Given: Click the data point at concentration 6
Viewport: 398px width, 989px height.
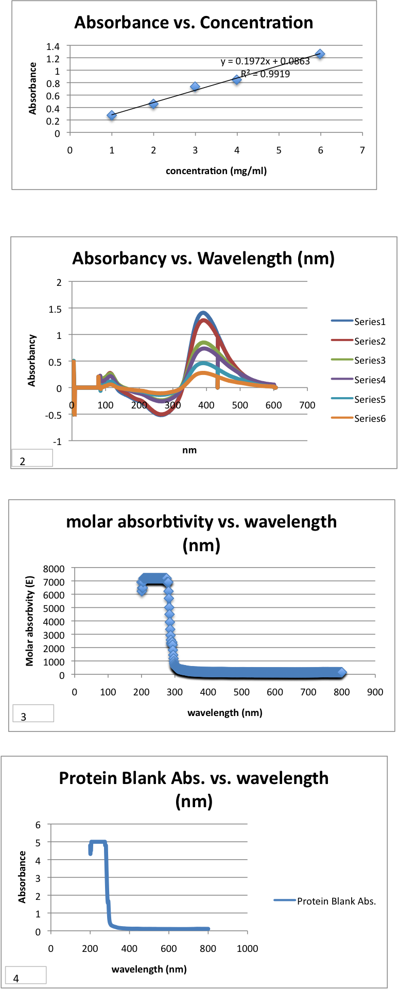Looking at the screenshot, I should tap(320, 54).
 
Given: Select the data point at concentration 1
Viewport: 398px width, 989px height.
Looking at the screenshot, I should tap(112, 115).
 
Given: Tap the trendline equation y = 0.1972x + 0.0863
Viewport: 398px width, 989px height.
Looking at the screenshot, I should tap(265, 62).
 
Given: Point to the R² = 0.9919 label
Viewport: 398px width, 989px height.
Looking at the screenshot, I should tap(265, 74).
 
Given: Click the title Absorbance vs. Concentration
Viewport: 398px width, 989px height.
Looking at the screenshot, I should tap(194, 23).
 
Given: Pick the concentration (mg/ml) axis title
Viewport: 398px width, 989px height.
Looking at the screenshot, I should tap(216, 171).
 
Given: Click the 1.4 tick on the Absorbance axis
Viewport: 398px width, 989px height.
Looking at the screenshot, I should tap(53, 46).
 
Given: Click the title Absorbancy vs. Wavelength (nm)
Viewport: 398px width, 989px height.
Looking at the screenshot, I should tap(203, 258).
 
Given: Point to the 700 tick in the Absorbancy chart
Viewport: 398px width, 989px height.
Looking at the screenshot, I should tap(307, 405).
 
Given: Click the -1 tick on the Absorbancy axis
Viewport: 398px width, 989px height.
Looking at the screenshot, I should tap(58, 441).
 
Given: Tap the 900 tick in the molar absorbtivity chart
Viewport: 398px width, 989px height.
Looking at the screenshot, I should tap(375, 692).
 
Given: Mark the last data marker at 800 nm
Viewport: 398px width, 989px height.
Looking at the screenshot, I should tap(341, 672).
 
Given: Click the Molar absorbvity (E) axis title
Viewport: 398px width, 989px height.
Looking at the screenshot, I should tap(30, 621).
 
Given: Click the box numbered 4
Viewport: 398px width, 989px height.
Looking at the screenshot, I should tap(25, 975).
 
